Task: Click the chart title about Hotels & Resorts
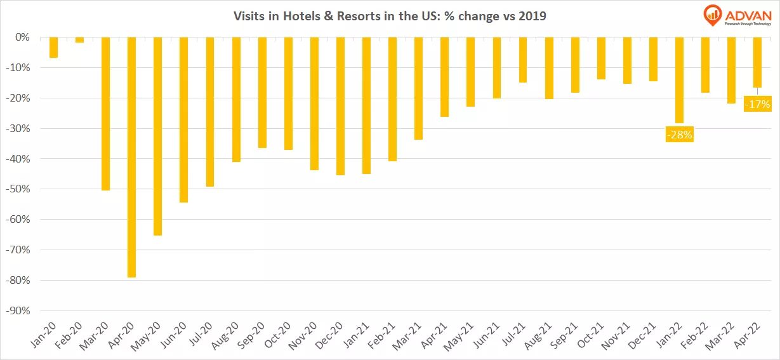(x=390, y=16)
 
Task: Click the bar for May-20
(x=158, y=136)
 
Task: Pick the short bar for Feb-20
(x=79, y=40)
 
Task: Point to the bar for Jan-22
(x=679, y=80)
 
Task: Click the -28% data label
(x=679, y=134)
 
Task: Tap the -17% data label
(x=757, y=103)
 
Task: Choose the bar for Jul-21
(x=522, y=60)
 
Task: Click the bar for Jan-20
(x=54, y=48)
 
